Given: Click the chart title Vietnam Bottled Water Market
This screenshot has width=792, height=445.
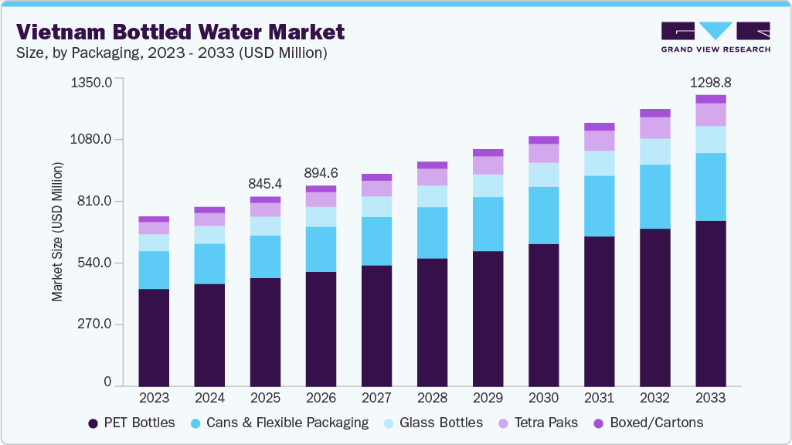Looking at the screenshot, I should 180,32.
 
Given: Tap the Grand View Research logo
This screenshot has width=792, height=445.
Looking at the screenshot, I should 716,37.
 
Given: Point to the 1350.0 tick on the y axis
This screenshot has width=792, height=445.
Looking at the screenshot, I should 91,81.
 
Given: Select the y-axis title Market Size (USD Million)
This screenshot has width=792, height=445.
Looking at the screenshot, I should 57,232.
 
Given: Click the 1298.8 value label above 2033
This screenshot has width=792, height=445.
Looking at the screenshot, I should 710,82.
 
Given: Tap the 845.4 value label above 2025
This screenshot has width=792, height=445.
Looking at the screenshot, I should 265,184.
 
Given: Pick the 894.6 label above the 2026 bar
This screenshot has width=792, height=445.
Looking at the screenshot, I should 321,173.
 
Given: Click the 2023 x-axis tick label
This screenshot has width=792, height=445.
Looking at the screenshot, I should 154,399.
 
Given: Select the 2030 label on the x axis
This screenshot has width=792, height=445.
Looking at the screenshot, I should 543,399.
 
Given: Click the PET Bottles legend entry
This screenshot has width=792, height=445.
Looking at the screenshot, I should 131,423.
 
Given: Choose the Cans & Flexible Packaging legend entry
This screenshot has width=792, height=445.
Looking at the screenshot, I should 279,423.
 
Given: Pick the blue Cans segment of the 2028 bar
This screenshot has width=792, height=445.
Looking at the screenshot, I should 432,233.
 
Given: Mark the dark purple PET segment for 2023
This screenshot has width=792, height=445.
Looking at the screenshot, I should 154,337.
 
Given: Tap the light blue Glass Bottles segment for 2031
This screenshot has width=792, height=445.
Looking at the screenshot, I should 599,163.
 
